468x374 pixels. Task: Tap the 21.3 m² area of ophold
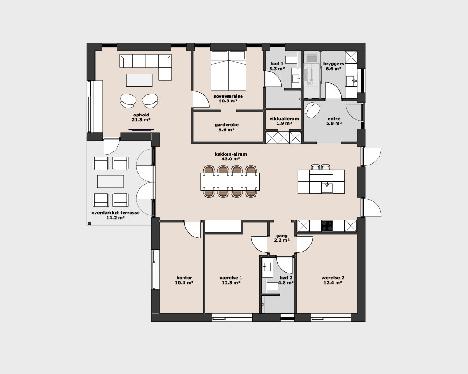point(141,120)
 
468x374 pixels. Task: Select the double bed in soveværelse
point(229,71)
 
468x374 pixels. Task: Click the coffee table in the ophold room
point(139,80)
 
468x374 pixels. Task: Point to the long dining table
point(230,181)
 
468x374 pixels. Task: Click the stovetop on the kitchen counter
point(327,226)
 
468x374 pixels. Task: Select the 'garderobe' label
point(227,125)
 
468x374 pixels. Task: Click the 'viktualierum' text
point(284,119)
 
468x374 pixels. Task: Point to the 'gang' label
point(282,236)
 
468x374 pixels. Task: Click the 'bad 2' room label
point(286,278)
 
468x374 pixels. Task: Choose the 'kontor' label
point(184,278)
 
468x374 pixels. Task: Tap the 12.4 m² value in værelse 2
point(333,282)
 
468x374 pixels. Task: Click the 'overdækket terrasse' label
point(116,213)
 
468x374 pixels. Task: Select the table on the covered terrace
point(110,181)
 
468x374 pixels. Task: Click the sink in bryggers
point(351,81)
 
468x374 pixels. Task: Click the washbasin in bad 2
point(267,267)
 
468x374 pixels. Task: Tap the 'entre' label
point(334,119)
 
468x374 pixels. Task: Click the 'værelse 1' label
point(231,278)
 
